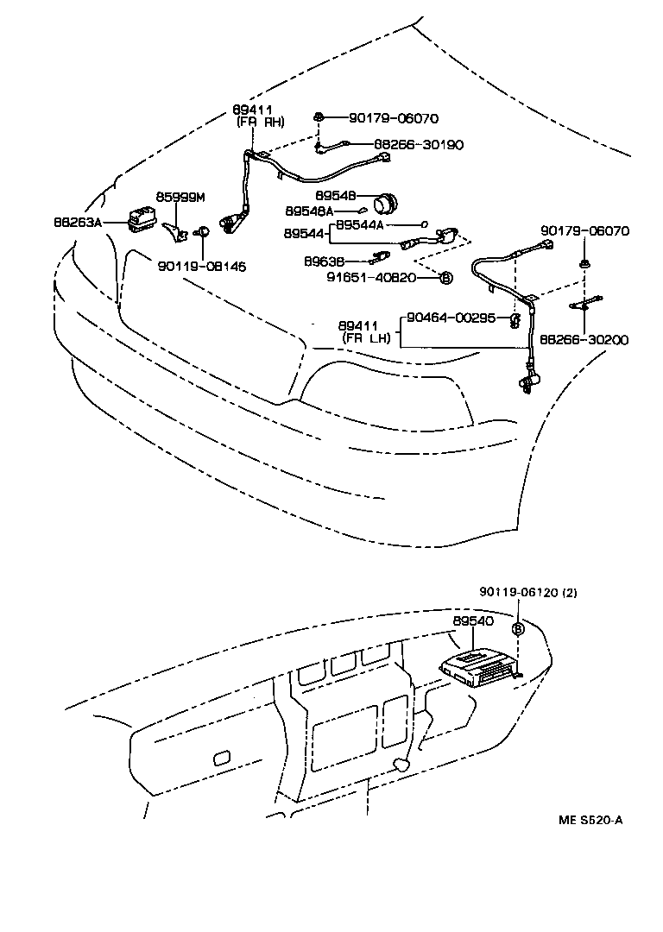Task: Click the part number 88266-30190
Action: [419, 145]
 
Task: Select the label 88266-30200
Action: [584, 340]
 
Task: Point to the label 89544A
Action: [360, 224]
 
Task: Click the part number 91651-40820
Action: [371, 278]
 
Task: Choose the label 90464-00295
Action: [452, 318]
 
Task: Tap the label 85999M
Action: [180, 198]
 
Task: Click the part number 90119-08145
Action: [201, 267]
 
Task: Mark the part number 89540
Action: [471, 620]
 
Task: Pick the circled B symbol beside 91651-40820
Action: [445, 278]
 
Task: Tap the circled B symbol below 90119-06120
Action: [518, 629]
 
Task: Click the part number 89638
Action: [325, 260]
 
